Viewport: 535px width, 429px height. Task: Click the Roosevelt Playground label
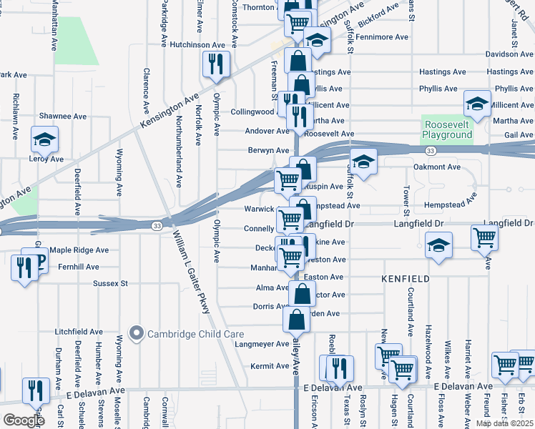pyautogui.click(x=447, y=128)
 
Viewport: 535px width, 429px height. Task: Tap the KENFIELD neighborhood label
pyautogui.click(x=406, y=277)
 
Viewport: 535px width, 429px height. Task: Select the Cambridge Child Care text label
pyautogui.click(x=195, y=334)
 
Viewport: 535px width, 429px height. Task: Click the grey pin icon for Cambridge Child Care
pyautogui.click(x=137, y=333)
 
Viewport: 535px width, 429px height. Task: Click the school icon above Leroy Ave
pyautogui.click(x=44, y=139)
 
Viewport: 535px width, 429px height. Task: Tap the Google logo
pyautogui.click(x=24, y=420)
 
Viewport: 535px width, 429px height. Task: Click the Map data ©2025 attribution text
pyautogui.click(x=504, y=423)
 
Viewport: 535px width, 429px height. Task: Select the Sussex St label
pyautogui.click(x=110, y=283)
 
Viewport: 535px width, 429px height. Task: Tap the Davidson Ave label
pyautogui.click(x=510, y=54)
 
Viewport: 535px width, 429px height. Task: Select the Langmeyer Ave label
pyautogui.click(x=262, y=344)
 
